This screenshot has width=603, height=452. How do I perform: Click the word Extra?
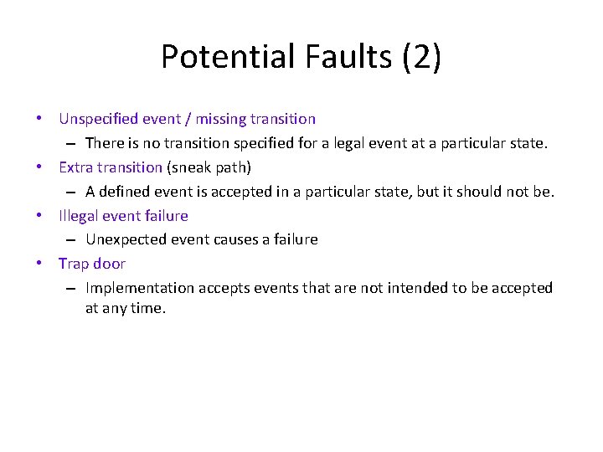[75, 167]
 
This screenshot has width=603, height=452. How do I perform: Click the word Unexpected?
[126, 239]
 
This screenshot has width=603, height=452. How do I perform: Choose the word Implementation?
[137, 288]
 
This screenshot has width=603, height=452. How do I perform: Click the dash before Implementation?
[73, 289]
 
